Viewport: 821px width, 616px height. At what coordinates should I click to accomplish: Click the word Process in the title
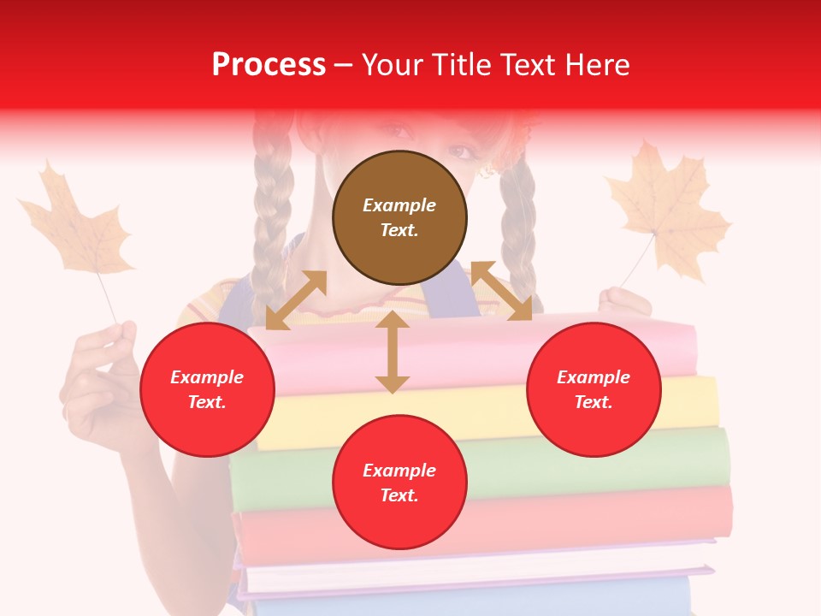(269, 65)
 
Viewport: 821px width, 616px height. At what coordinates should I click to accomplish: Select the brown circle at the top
(399, 217)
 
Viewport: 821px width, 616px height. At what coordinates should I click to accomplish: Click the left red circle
(207, 389)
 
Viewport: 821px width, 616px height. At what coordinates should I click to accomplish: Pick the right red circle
(594, 389)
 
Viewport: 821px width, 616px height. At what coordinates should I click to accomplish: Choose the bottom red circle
(399, 483)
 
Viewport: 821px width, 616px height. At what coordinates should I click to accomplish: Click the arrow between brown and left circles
(296, 300)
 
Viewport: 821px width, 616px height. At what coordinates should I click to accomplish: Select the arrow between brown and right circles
(501, 291)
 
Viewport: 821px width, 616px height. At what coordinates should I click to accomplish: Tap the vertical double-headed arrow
(392, 352)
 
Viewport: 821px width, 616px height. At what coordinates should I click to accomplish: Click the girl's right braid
(517, 222)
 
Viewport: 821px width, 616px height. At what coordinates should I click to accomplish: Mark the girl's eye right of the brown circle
(462, 151)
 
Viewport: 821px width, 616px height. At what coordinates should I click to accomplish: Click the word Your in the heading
(394, 65)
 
